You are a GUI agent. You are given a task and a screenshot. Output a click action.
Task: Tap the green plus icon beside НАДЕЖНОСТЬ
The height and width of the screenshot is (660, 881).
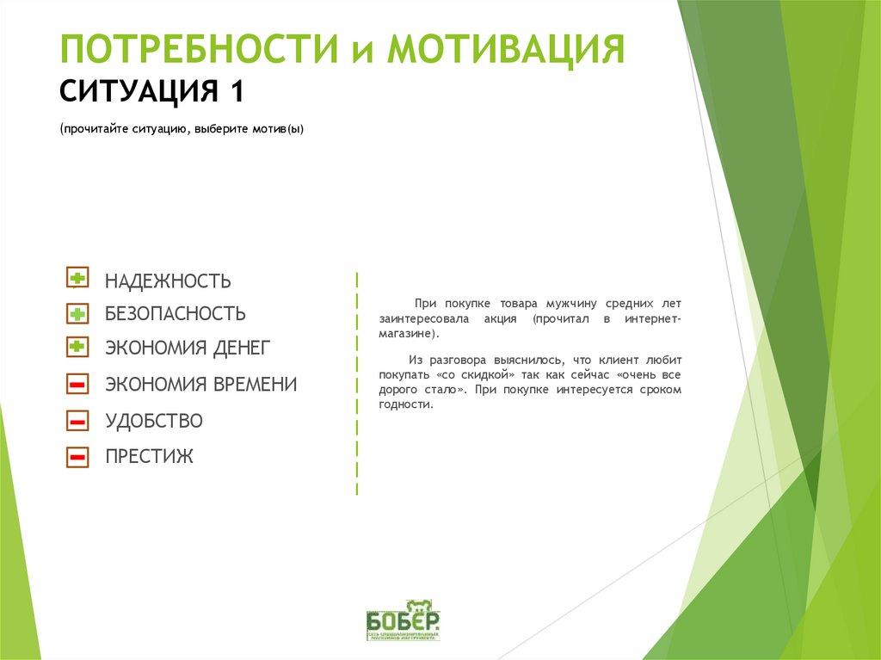click(77, 277)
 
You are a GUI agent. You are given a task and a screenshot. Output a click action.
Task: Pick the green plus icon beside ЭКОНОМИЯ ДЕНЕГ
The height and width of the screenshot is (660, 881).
click(77, 347)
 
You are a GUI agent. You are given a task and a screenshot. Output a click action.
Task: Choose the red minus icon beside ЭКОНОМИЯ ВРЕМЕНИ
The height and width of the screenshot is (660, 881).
click(77, 384)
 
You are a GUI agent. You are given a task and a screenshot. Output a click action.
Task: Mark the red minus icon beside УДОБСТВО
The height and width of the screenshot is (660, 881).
click(77, 421)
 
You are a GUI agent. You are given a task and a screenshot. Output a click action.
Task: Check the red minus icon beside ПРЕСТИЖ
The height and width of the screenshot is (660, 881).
click(77, 457)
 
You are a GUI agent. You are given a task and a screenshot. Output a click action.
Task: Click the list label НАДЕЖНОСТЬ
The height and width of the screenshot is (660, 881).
click(168, 281)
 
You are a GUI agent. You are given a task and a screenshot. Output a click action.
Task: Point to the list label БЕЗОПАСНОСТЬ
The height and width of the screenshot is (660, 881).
click(176, 314)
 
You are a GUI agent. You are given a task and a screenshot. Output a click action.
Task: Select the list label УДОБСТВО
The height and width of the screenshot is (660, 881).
click(154, 422)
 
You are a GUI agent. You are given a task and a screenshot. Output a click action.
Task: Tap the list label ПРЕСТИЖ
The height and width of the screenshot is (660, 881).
click(149, 457)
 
